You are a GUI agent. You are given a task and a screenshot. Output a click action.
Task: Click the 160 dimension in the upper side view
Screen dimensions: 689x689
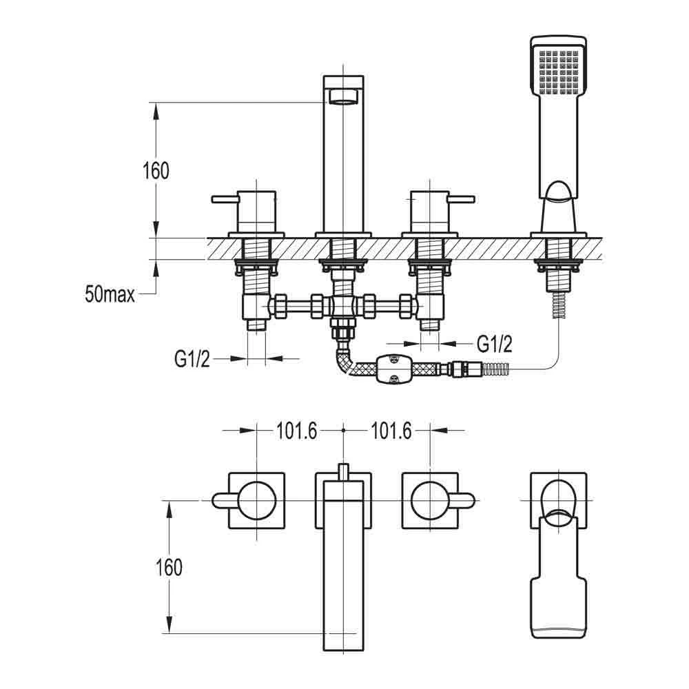156,170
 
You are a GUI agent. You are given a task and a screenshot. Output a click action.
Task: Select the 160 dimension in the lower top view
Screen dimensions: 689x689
169,567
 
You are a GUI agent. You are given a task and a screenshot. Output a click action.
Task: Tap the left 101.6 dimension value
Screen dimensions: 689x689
296,431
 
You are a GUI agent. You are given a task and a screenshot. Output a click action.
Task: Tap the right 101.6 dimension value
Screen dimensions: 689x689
391,431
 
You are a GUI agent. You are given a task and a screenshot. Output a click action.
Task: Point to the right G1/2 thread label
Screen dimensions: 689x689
495,342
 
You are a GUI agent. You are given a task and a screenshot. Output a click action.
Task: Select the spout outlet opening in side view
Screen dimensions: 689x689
342,97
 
